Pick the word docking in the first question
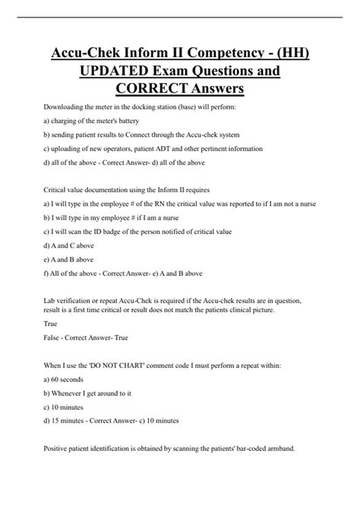click(153, 107)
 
